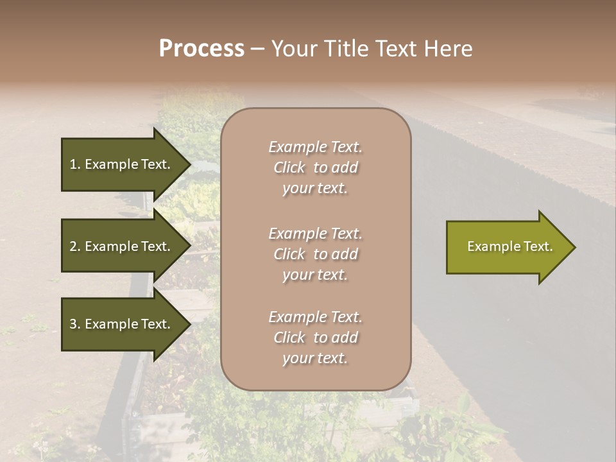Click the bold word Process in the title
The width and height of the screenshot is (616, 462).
201,49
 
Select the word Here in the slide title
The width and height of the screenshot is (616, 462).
447,49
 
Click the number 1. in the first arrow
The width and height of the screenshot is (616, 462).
75,164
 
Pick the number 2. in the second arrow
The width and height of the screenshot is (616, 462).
75,246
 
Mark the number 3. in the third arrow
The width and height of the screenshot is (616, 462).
75,324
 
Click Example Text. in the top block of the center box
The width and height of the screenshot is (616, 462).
315,147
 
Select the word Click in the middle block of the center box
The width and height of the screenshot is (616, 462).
289,254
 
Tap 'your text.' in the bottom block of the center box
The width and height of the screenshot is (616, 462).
315,358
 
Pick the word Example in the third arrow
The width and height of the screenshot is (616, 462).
112,324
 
